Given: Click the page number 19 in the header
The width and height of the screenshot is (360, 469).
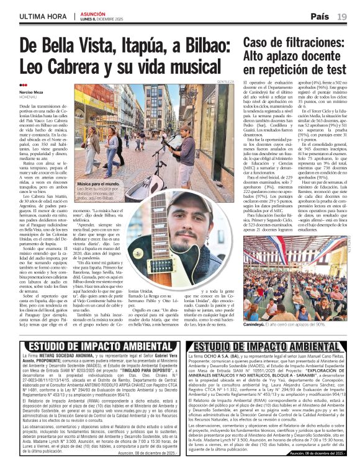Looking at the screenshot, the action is click(x=343, y=16).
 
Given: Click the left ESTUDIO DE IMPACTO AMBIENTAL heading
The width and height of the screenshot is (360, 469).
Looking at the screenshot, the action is click(x=91, y=346).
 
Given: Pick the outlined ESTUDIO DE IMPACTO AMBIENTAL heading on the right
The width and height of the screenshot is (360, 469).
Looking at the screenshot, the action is click(x=266, y=346).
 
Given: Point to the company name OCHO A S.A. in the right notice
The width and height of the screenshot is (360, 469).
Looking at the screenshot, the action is click(x=229, y=357).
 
